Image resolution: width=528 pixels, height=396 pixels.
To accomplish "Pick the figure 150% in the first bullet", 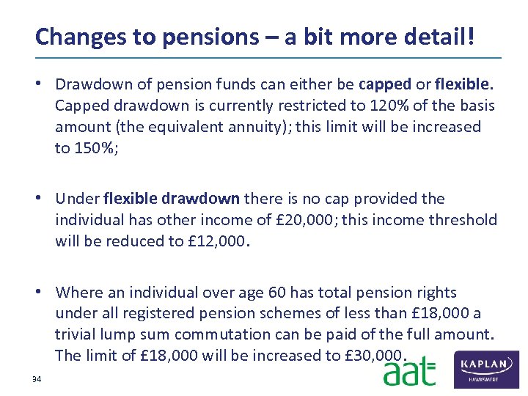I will click(x=93, y=148).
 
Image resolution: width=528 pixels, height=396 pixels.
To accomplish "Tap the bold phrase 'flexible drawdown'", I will click(x=172, y=199).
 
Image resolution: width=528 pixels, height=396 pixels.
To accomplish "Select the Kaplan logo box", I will click(x=487, y=370).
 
